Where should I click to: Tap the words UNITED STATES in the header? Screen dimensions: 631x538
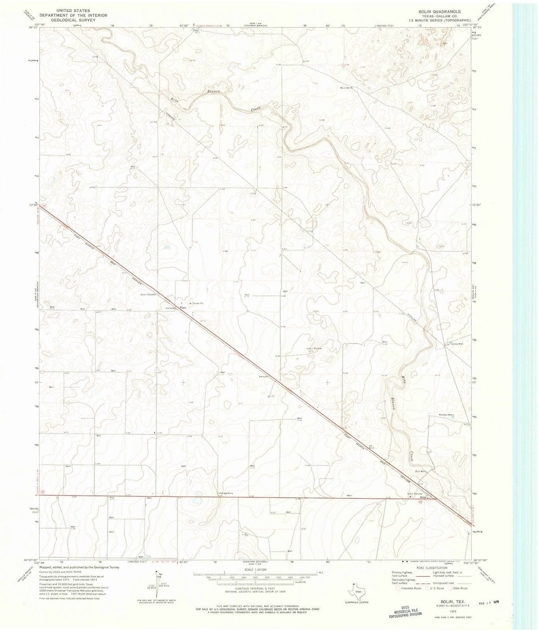point(70,9)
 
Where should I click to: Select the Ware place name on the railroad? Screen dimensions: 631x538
point(183,308)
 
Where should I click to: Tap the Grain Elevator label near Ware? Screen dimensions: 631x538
point(149,295)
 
